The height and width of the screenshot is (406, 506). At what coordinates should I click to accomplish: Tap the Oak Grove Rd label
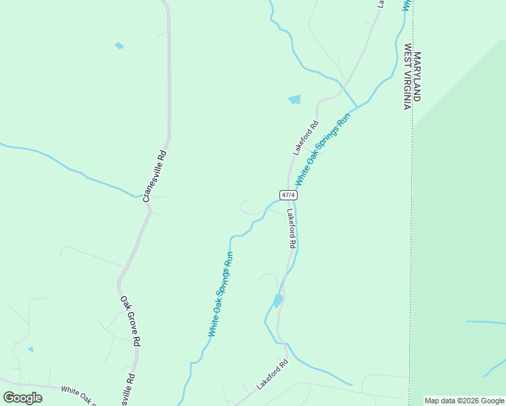130,321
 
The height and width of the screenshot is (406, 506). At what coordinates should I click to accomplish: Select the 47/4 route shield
288,195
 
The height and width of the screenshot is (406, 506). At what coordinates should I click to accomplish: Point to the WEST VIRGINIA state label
408,77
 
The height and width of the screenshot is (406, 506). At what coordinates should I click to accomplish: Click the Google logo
22,398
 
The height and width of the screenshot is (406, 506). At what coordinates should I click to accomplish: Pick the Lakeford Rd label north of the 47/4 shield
306,138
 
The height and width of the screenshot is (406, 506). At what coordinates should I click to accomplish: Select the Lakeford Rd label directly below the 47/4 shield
291,227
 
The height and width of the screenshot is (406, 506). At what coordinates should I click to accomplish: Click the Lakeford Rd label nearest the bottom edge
272,374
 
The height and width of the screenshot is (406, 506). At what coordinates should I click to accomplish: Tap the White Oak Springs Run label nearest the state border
324,150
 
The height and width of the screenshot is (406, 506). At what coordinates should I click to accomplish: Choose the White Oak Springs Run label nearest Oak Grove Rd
221,294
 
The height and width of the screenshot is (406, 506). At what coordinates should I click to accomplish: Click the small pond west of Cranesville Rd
119,46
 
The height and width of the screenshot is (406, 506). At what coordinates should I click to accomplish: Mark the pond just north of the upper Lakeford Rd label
294,99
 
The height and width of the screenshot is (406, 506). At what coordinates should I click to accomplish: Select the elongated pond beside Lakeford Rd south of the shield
277,300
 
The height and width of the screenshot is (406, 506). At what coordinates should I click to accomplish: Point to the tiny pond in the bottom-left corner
30,349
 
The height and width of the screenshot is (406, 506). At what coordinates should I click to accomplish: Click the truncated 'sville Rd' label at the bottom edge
127,391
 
